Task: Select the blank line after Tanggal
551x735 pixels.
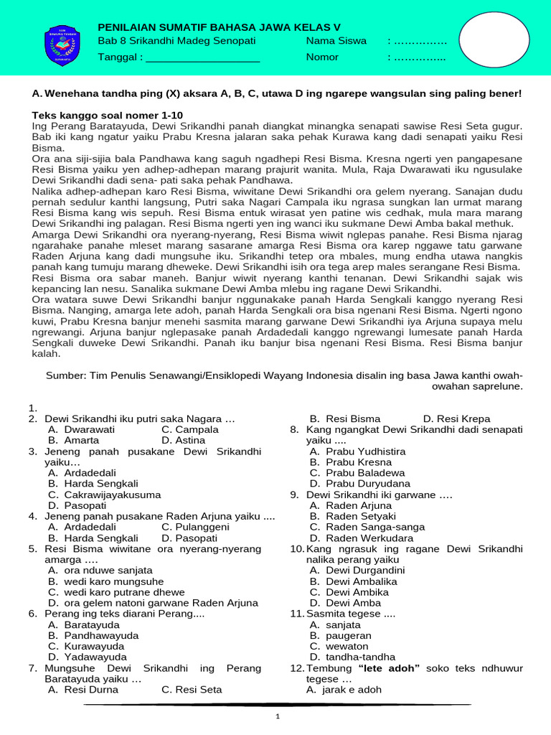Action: click(x=202, y=57)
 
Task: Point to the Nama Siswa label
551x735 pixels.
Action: click(x=336, y=41)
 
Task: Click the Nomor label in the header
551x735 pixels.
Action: click(x=322, y=57)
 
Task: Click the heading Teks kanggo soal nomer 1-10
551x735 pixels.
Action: click(x=108, y=116)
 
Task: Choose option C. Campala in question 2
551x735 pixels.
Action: click(x=190, y=429)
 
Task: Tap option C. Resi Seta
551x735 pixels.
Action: click(x=192, y=690)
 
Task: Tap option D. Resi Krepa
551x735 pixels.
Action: click(x=456, y=418)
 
